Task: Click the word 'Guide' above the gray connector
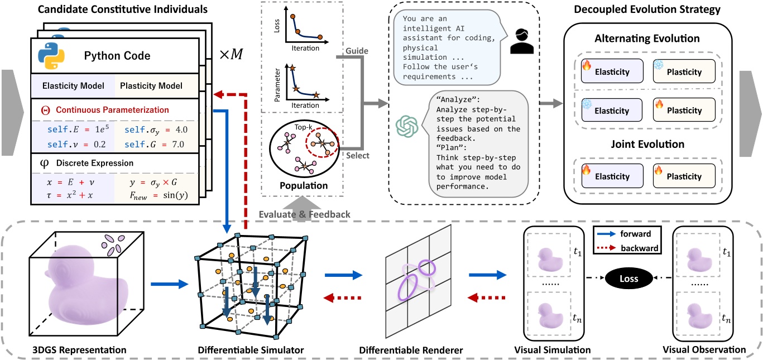point(357,51)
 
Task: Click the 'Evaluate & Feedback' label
point(304,214)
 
